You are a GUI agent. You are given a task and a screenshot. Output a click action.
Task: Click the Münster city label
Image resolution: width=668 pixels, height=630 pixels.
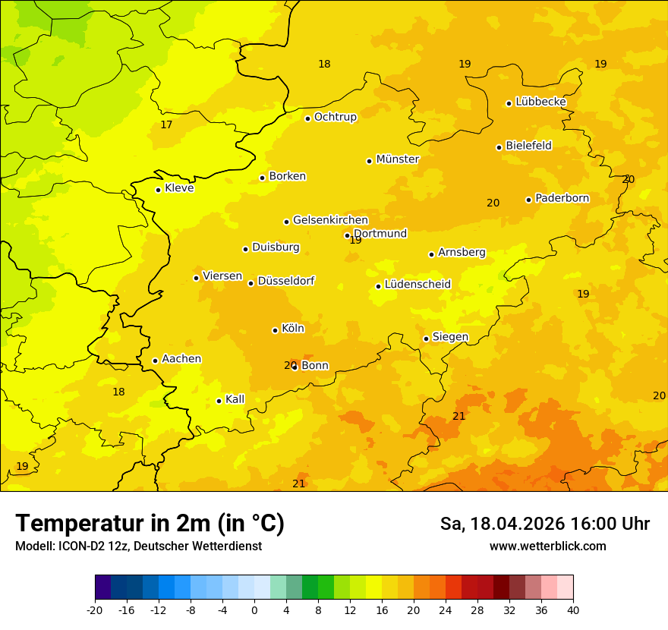397,159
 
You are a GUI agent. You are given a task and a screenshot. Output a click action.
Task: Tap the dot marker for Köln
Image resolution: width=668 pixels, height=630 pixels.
275,330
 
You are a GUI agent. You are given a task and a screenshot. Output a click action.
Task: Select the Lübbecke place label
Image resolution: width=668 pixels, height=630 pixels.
540,102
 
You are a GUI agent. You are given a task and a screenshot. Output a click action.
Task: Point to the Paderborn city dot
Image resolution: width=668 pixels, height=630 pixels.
528,200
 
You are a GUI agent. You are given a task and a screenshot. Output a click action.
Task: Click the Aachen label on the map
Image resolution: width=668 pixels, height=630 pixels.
181,359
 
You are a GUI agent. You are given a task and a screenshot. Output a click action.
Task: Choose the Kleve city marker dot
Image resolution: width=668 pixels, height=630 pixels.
158,190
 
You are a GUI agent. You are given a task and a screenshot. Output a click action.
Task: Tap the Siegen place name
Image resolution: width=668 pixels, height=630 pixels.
450,337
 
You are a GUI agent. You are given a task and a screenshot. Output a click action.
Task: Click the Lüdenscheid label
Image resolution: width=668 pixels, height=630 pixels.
417,285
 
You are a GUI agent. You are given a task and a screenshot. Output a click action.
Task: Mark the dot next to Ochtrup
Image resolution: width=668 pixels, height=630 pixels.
307,118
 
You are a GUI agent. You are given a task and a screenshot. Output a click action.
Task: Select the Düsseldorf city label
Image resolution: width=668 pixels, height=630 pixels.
286,282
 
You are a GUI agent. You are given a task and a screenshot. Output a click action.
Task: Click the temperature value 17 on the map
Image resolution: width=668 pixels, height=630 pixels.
166,125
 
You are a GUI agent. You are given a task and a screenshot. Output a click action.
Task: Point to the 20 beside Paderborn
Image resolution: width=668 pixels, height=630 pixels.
493,203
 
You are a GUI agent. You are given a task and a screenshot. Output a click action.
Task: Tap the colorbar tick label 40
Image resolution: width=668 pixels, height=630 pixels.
572,610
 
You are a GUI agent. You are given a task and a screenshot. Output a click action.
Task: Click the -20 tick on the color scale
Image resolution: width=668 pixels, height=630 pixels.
95,610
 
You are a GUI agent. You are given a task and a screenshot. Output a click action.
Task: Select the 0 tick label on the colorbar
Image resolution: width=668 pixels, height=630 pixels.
254,610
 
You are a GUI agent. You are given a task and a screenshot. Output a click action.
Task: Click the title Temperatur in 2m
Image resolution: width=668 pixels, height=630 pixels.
150,523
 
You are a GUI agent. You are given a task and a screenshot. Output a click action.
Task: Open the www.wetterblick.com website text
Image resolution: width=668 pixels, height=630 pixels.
547,546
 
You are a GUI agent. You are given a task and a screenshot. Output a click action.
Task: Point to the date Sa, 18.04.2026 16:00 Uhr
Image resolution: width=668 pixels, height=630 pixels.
544,524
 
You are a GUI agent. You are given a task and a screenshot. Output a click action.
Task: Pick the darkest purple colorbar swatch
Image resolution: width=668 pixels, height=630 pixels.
102,587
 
